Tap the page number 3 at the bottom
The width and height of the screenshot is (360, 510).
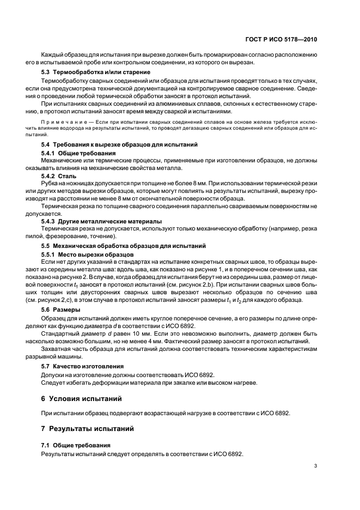tap(316, 465)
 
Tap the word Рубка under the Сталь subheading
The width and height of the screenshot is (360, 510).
tap(51, 185)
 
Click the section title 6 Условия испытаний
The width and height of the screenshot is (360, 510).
tap(85, 399)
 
